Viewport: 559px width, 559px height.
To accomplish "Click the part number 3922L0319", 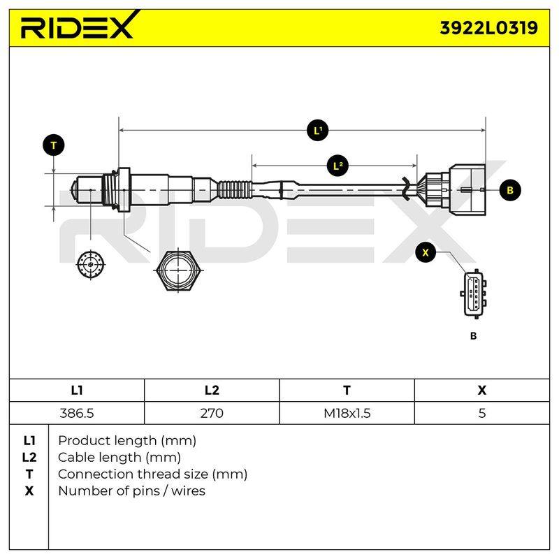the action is click(x=488, y=28).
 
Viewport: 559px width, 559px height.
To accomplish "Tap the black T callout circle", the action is click(x=54, y=145).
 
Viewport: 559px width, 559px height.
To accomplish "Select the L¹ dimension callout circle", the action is click(x=317, y=131).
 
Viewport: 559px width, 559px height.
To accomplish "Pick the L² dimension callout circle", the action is click(x=338, y=166).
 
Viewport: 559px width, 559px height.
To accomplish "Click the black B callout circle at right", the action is click(x=510, y=190).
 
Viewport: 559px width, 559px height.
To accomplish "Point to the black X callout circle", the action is click(x=426, y=252).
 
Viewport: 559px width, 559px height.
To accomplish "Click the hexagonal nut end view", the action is click(x=178, y=270).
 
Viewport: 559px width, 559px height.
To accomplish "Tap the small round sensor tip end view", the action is click(x=91, y=265).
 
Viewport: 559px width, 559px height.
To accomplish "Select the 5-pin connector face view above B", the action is click(x=474, y=294).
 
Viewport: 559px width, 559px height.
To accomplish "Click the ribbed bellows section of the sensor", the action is click(x=234, y=190).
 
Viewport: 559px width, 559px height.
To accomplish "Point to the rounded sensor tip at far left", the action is click(x=74, y=189).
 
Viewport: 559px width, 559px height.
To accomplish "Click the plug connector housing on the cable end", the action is click(x=456, y=190).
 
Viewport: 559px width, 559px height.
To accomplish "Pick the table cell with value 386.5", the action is click(x=77, y=413).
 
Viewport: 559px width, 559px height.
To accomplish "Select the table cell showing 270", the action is click(x=212, y=413).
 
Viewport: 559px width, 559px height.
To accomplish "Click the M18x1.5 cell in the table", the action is click(x=347, y=413).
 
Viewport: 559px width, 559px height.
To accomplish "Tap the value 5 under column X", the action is click(x=482, y=413).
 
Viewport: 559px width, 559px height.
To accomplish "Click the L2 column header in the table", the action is click(x=212, y=391).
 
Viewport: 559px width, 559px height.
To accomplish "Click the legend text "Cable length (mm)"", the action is click(x=119, y=458).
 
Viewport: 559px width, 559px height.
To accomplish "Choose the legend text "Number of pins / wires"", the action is click(x=131, y=491).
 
